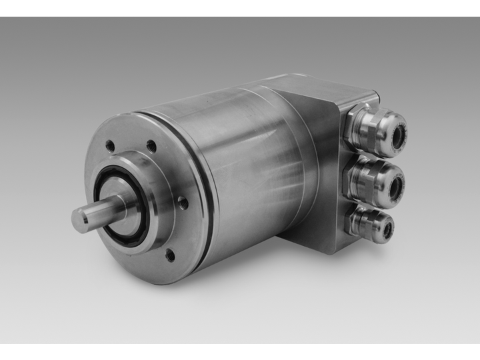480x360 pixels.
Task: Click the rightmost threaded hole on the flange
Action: (182, 201)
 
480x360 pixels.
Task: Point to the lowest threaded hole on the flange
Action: (170, 254)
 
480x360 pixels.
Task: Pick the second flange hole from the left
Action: (151, 145)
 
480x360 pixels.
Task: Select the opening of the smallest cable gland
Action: (387, 230)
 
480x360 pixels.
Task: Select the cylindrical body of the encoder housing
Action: (253, 160)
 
